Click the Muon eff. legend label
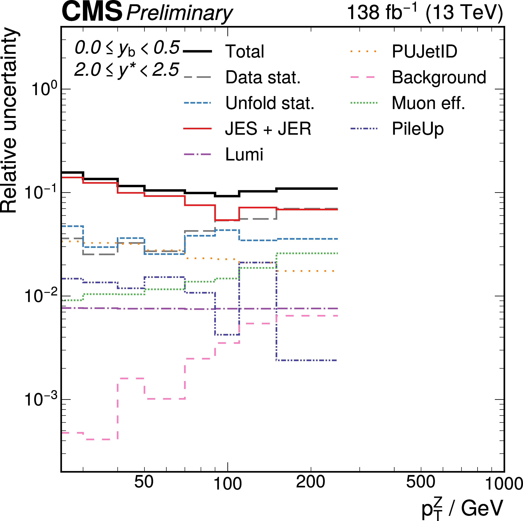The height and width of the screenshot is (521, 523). tap(428, 103)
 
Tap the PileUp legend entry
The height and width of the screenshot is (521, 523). tap(418, 129)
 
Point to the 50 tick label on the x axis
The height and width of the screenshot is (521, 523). tap(144, 482)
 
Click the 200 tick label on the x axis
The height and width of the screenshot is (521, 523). tap(310, 482)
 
